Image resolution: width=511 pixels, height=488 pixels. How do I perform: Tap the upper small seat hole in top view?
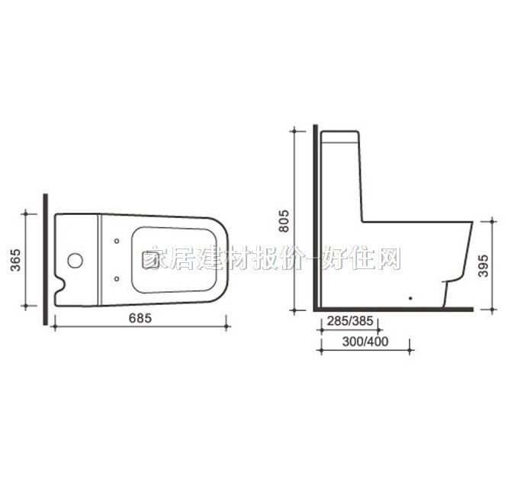click(116, 242)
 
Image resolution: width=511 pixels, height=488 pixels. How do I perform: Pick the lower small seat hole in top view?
click(116, 278)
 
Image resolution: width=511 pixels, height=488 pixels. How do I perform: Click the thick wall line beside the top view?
click(48, 259)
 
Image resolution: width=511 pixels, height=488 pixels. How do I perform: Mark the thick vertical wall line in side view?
click(313, 221)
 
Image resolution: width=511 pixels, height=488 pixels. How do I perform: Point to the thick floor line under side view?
click(393, 310)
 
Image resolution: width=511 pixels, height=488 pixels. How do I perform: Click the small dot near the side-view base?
click(411, 297)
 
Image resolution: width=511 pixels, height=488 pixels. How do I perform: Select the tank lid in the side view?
click(341, 138)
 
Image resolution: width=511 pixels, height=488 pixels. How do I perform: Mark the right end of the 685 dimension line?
click(226, 328)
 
